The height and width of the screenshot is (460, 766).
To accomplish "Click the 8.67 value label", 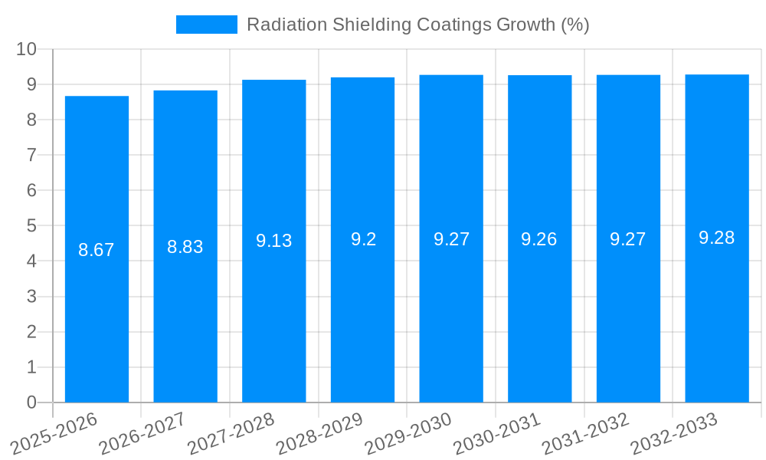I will point(97,250).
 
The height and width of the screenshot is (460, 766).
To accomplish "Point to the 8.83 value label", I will point(185,247).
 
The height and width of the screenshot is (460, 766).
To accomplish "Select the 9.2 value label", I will point(363,239).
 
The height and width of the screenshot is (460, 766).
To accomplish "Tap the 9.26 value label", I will point(539,239).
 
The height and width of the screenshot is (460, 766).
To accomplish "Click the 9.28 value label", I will point(717,238).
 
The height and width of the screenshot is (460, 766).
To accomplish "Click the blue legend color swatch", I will point(207,25).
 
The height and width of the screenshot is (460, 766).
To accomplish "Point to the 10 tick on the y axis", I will point(27,49).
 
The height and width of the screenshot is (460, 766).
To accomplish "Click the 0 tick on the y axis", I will point(31,402).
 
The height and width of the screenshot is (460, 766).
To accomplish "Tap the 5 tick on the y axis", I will point(31,226).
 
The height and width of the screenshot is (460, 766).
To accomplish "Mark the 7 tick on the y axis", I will point(31,155).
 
